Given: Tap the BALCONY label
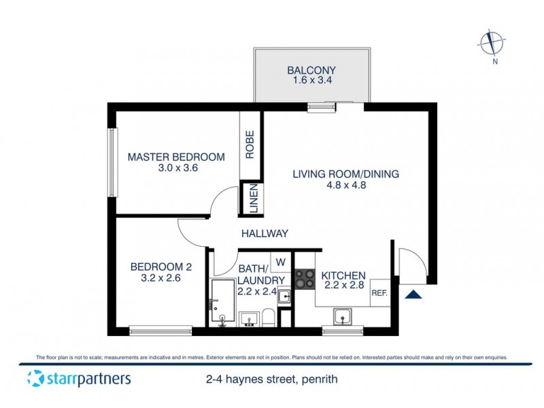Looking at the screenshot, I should [311, 70].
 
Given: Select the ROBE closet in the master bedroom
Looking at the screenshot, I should [250, 144].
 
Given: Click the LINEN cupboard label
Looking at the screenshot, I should [250, 199].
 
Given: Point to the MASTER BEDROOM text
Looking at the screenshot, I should [176, 157].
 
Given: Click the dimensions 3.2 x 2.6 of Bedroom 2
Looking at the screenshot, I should [161, 278].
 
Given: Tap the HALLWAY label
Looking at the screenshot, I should [265, 233].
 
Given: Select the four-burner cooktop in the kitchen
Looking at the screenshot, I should [303, 279].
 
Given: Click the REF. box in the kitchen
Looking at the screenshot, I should [379, 293].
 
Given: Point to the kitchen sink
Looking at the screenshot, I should [342, 316].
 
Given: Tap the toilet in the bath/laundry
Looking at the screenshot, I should [269, 318].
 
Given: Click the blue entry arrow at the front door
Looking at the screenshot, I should [413, 294].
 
